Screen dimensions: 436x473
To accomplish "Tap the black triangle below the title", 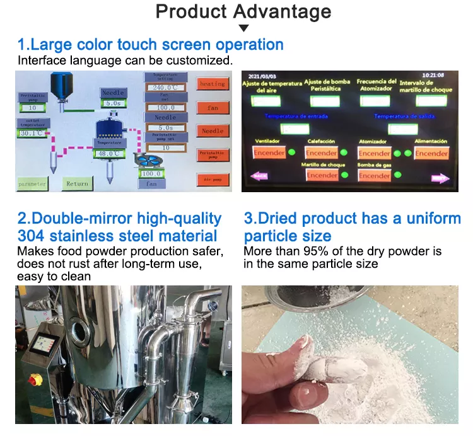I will (243, 28).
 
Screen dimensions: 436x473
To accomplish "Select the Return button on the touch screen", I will (77, 183).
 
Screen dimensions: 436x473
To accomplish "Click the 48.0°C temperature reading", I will (108, 153).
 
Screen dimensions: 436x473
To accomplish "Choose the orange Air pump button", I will (213, 179).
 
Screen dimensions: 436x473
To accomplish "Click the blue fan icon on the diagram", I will (151, 160).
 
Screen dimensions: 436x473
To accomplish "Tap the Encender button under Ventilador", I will (269, 152).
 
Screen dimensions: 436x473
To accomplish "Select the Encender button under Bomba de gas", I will (375, 175).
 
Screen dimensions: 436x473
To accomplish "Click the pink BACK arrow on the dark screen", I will (259, 176).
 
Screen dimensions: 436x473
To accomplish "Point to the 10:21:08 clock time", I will (433, 76).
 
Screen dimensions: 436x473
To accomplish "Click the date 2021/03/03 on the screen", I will (259, 76).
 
